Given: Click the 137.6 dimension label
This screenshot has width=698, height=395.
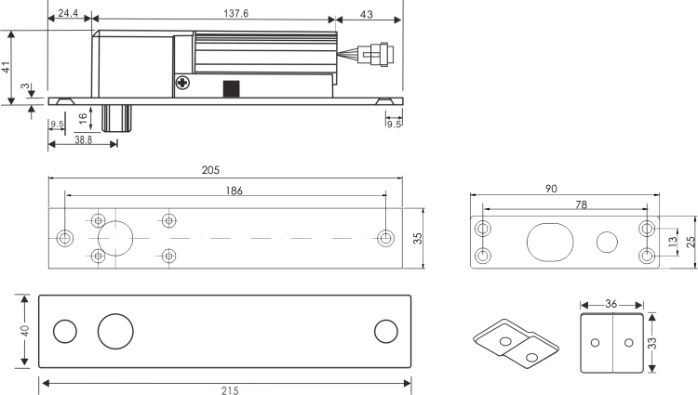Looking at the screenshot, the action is point(236,13).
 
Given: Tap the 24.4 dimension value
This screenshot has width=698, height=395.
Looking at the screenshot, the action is point(68,13).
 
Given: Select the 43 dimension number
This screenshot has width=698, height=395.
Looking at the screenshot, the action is point(366,15).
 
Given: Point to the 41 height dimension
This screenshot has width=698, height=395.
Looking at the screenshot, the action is point(6,68).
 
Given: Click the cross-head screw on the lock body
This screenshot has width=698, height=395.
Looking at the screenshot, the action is point(182,82).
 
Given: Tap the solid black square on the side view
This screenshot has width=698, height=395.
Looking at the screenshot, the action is point(232,89).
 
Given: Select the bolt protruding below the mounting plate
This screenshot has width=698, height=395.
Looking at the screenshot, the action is point(116,119).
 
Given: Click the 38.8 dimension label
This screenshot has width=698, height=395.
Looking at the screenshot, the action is point(83,139).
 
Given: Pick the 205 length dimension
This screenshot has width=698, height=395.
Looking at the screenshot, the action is point(210,170).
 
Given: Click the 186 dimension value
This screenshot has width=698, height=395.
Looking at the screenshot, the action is point(234,191).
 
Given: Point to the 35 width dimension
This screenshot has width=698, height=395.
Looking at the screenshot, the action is point(418,238).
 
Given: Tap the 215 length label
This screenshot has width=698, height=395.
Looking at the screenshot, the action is point(230,390).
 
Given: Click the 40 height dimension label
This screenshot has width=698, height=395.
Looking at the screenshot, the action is point(25,331).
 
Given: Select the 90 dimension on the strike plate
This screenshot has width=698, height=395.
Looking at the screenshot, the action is point(551,189).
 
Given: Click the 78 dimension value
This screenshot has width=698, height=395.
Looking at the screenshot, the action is point(582,204).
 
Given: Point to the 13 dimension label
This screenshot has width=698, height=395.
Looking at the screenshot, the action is point(672,241).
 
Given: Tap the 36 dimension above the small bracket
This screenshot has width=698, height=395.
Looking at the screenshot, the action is point(611,304).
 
